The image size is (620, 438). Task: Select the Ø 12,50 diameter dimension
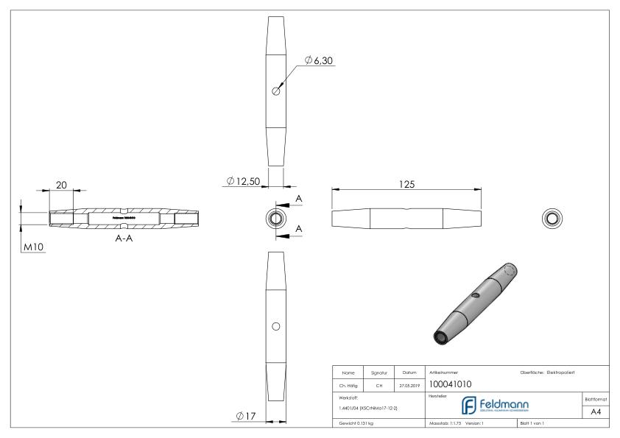pyautogui.click(x=244, y=180)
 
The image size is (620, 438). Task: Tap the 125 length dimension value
pyautogui.click(x=406, y=185)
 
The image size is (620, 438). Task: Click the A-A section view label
pyautogui.click(x=122, y=239)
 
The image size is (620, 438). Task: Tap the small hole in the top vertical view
pyautogui.click(x=275, y=91)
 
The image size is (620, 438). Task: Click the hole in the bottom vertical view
pyautogui.click(x=275, y=325)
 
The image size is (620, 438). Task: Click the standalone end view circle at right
pyautogui.click(x=551, y=218)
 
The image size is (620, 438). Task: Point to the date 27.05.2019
pyautogui.click(x=409, y=384)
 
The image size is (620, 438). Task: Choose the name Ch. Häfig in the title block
pyautogui.click(x=348, y=384)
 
